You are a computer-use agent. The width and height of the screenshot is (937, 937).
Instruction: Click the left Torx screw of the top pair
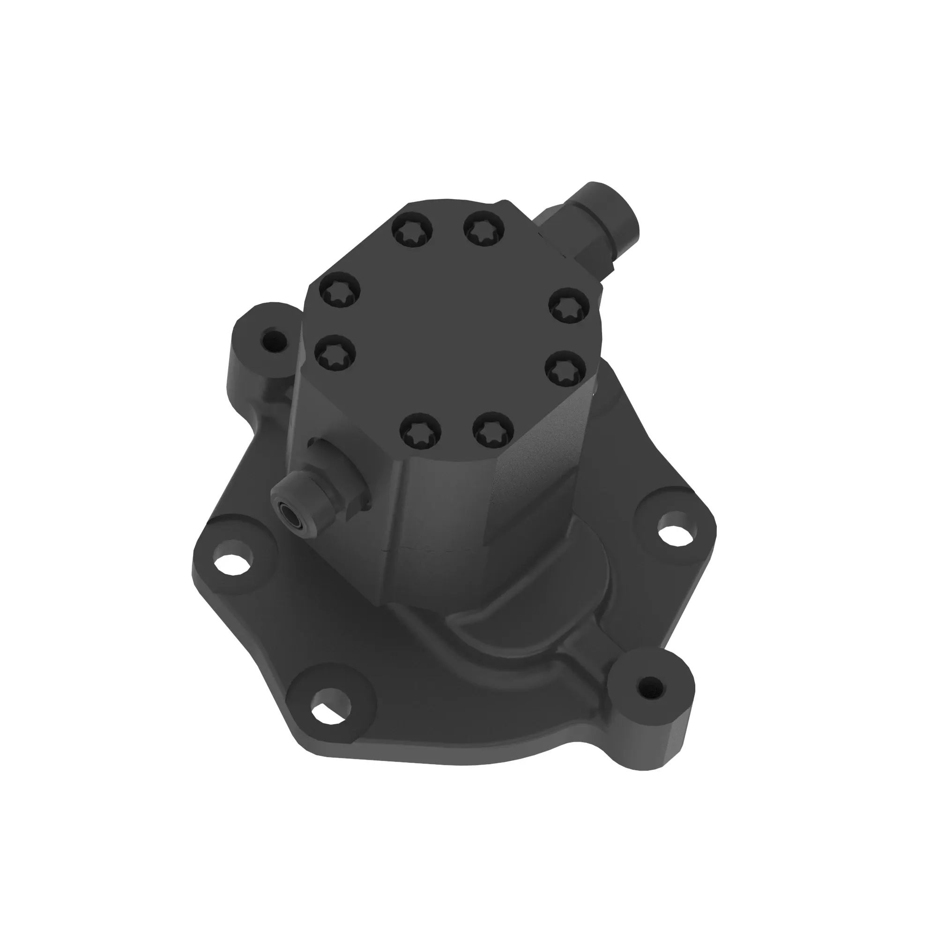pyautogui.click(x=413, y=231)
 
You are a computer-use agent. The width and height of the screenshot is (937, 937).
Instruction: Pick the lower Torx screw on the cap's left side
pyautogui.click(x=335, y=352)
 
